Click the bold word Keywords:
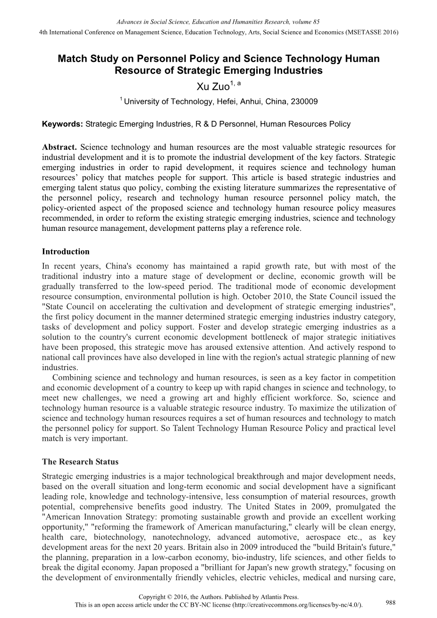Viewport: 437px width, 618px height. coord(62,124)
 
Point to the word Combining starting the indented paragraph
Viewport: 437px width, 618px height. coord(71,377)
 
